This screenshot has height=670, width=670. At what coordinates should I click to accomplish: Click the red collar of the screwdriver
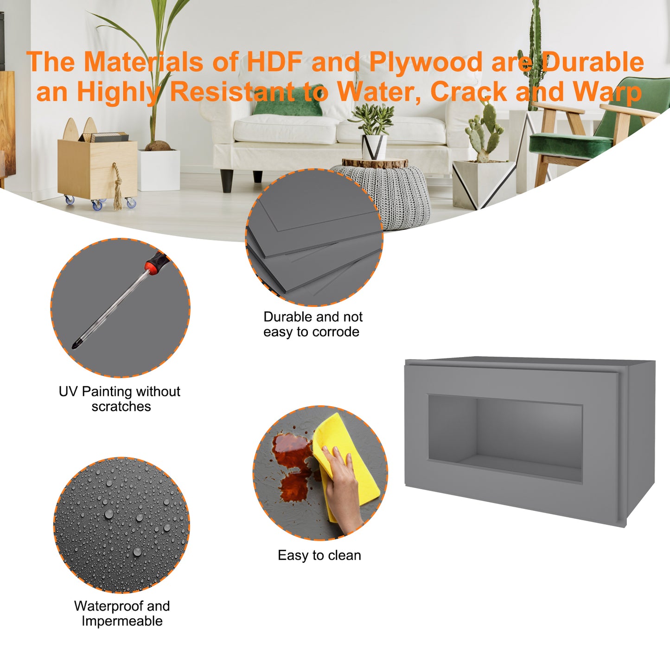152,267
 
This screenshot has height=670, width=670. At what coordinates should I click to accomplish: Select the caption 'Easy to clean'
319,555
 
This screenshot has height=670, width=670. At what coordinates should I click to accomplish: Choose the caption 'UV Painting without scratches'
120,399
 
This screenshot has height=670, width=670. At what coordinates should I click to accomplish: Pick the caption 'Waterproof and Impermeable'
121,613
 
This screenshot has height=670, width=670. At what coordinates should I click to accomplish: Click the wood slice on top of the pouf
375,163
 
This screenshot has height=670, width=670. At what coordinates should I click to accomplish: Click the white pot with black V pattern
374,147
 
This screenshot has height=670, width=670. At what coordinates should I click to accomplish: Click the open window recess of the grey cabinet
505,438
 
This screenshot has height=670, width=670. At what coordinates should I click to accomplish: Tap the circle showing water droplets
121,525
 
